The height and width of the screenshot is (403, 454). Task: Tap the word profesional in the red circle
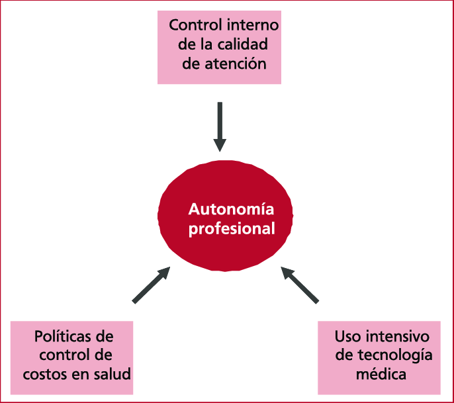[231, 229]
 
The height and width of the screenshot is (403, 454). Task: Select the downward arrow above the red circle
[220, 126]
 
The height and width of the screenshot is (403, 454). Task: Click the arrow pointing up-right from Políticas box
[152, 285]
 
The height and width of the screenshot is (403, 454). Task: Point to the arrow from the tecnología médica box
[300, 285]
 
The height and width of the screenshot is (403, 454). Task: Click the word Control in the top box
[193, 26]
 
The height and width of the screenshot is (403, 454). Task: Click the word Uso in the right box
[347, 336]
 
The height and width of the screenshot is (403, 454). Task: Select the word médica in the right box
[379, 373]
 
